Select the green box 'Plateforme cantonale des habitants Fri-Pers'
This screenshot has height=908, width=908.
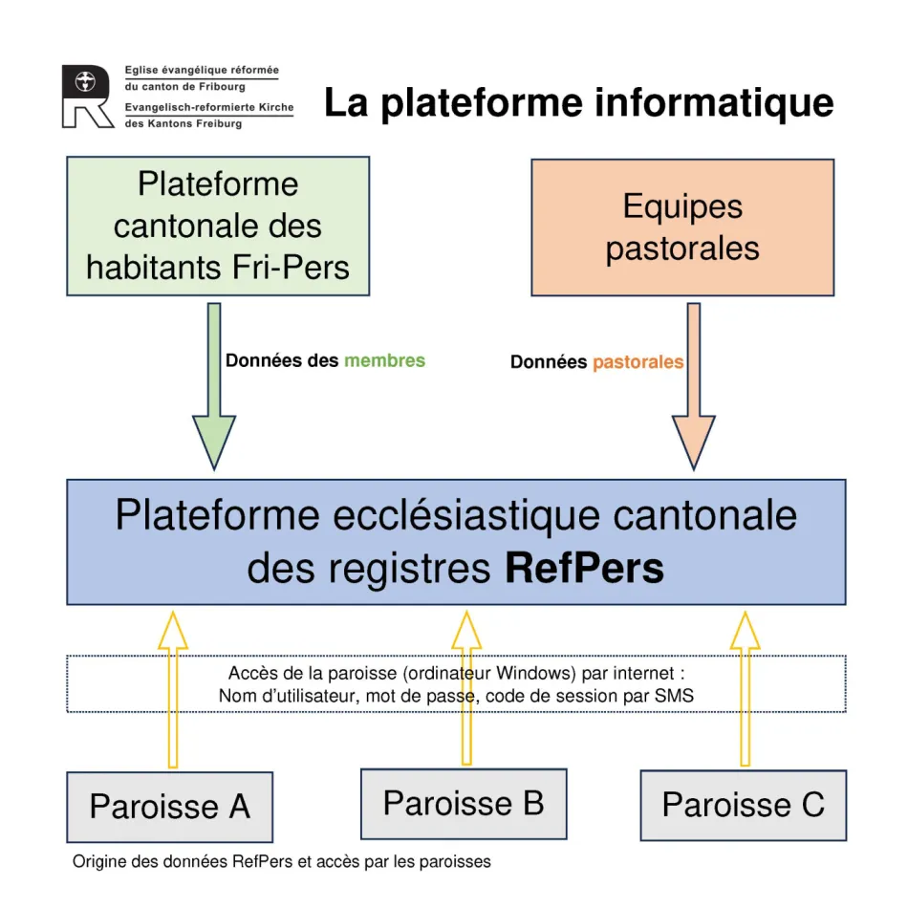pos(218,226)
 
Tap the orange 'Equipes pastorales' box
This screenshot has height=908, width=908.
pos(682,227)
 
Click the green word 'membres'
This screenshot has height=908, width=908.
pos(384,360)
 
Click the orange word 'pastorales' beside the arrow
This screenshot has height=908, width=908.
pos(638,362)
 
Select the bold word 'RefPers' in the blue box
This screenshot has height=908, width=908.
pos(583,569)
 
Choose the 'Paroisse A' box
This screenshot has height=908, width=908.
pos(169,807)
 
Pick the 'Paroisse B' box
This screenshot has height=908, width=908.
pos(464,803)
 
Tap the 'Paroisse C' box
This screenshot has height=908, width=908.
pos(743,805)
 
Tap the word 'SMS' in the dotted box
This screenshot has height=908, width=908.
pos(674,696)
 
